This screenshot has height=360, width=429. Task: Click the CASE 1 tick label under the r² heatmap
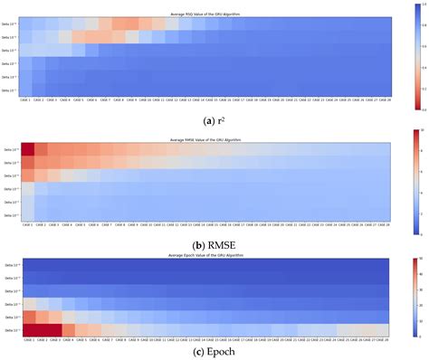click(x=27, y=99)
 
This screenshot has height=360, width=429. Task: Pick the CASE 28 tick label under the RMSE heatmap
click(x=384, y=222)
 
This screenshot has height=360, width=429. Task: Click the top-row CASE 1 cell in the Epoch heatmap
click(x=27, y=265)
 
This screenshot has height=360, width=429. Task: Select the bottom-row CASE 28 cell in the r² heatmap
click(x=384, y=90)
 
